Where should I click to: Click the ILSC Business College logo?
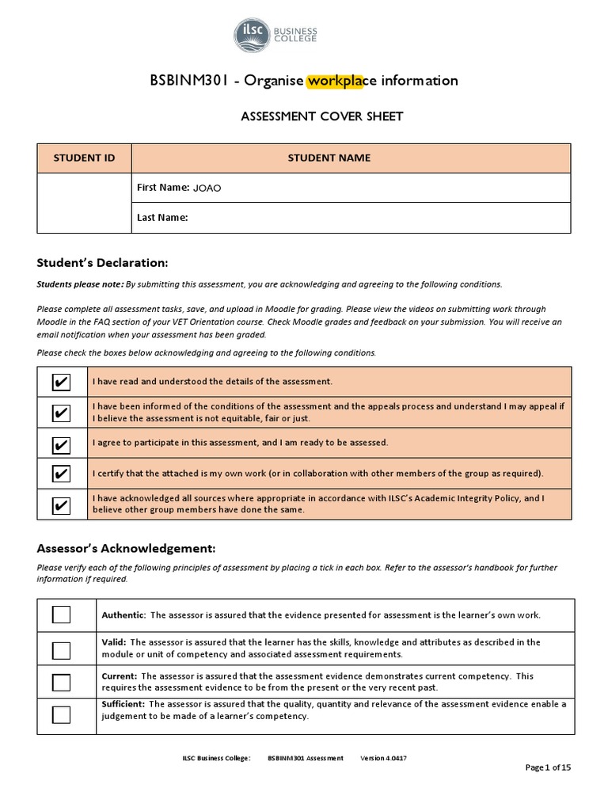[x=275, y=36]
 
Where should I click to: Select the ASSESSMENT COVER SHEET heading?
[x=321, y=116]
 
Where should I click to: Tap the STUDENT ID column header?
[x=84, y=158]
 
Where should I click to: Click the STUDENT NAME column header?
[x=329, y=158]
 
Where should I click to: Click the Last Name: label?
[x=162, y=218]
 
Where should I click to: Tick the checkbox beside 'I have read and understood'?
[x=61, y=383]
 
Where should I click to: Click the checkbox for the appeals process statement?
[x=61, y=413]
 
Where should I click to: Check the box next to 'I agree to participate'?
[x=61, y=444]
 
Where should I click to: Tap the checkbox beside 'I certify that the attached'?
[x=61, y=474]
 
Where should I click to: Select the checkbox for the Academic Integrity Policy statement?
[x=61, y=504]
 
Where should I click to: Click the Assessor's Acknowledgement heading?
[x=126, y=549]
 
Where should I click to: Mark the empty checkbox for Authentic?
[x=61, y=615]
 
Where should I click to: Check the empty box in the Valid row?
[x=61, y=649]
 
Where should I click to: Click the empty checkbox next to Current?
[x=61, y=682]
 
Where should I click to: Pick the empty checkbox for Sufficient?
[x=61, y=714]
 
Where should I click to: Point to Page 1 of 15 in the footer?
[x=548, y=767]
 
